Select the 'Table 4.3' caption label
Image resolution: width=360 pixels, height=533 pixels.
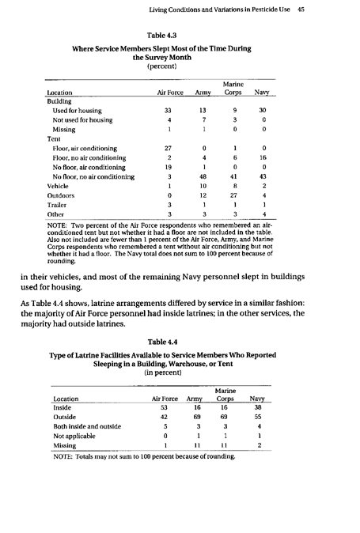(x=166, y=33)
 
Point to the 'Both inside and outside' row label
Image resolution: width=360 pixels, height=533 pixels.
(x=87, y=429)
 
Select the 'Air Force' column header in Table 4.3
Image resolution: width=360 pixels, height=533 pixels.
(x=167, y=93)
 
